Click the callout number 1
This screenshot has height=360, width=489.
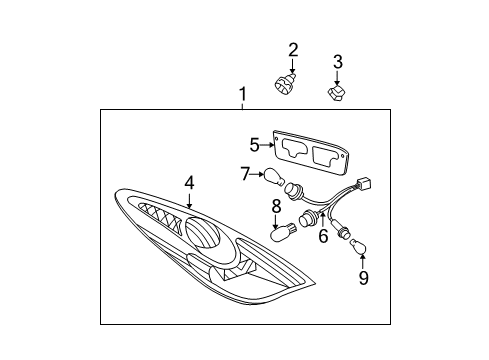pyautogui.click(x=242, y=96)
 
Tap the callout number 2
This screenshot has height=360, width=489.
pyautogui.click(x=293, y=50)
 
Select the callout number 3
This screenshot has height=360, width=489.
pyautogui.click(x=337, y=62)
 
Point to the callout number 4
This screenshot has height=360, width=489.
pyautogui.click(x=188, y=183)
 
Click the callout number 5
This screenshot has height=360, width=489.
pyautogui.click(x=255, y=144)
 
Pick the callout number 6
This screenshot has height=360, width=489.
pyautogui.click(x=323, y=236)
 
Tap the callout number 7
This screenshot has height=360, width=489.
pyautogui.click(x=245, y=175)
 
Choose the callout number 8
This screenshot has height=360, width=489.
pyautogui.click(x=277, y=207)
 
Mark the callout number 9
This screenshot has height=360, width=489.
pyautogui.click(x=363, y=277)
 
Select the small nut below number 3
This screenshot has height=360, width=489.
pyautogui.click(x=338, y=95)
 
